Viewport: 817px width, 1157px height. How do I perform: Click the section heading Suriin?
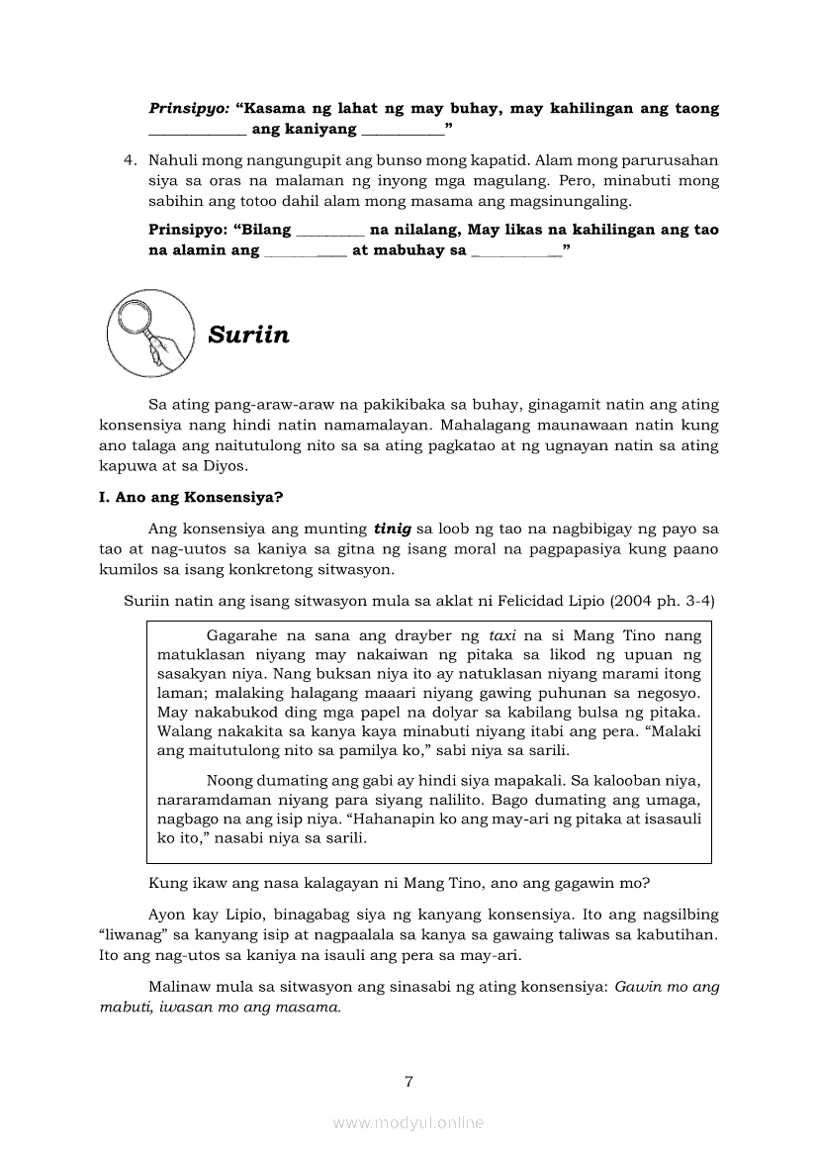click(x=248, y=335)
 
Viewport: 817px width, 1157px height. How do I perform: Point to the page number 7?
click(x=408, y=1081)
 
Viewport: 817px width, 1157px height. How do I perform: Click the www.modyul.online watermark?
click(x=408, y=1122)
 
